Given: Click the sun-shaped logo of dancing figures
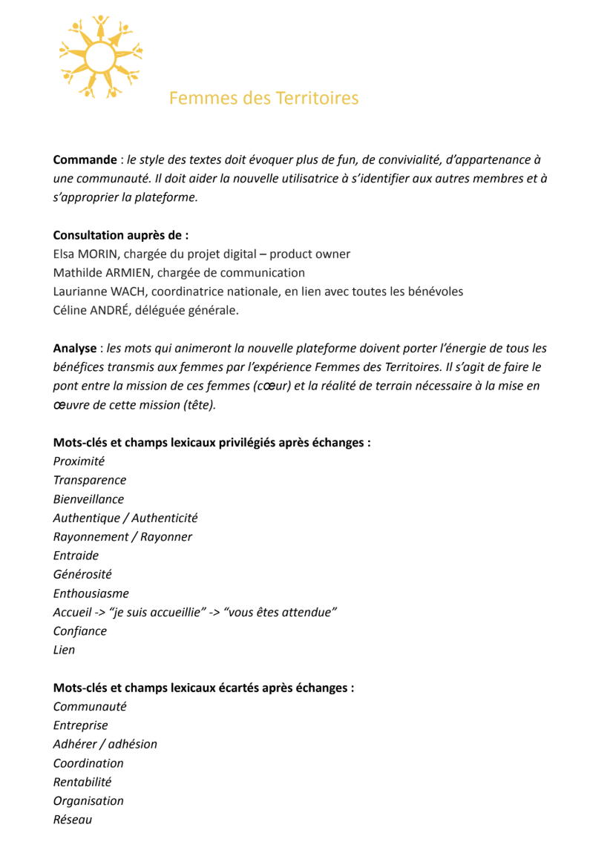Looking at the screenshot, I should (x=100, y=56).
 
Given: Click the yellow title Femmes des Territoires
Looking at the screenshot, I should (x=263, y=98).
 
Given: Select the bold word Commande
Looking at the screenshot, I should (x=85, y=159).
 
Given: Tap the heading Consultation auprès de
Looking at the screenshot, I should (x=120, y=235).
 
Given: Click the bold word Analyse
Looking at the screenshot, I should (x=74, y=348).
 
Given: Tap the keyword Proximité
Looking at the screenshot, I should (x=79, y=461).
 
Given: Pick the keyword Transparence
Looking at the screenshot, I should (x=90, y=480).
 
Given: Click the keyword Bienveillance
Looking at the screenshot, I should (x=88, y=499).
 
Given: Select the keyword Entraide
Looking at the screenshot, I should (x=76, y=556).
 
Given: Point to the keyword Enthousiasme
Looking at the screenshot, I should (x=91, y=593).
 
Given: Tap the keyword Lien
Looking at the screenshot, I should (x=64, y=650).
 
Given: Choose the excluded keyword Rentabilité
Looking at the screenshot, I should (x=82, y=782).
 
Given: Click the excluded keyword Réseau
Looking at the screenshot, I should (x=73, y=820).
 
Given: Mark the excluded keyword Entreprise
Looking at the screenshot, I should (x=80, y=725).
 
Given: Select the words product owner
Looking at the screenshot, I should (x=309, y=254).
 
